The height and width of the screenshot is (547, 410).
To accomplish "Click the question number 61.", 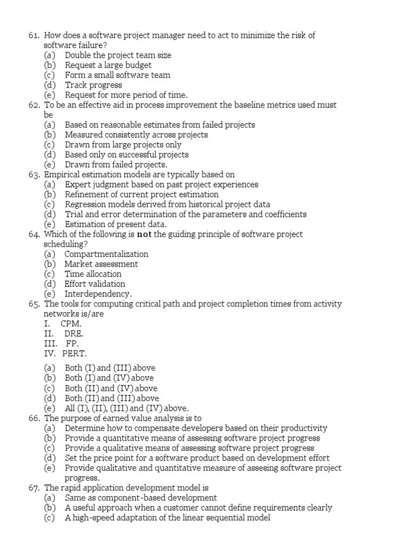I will [34, 35].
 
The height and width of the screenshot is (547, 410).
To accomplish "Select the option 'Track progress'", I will [93, 85].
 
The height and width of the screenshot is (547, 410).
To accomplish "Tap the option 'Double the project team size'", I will [118, 55].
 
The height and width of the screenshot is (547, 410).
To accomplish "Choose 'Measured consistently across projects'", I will [136, 135].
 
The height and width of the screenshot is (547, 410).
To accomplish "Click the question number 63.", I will [34, 175].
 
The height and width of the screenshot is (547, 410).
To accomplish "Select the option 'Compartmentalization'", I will [106, 254].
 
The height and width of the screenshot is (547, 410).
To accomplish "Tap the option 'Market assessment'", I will [101, 264].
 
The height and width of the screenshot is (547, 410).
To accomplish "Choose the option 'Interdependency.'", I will [98, 294].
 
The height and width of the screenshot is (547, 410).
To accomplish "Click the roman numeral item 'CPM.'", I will [71, 324].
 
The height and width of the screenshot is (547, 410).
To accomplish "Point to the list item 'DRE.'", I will [73, 333].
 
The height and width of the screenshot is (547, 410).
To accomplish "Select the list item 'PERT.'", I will [74, 354].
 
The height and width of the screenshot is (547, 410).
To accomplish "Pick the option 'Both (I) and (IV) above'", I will [109, 378].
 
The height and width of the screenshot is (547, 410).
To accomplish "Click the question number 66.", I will [34, 418].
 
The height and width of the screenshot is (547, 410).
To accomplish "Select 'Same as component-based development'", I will [141, 498].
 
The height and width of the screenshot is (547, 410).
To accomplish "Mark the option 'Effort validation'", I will [94, 284].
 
